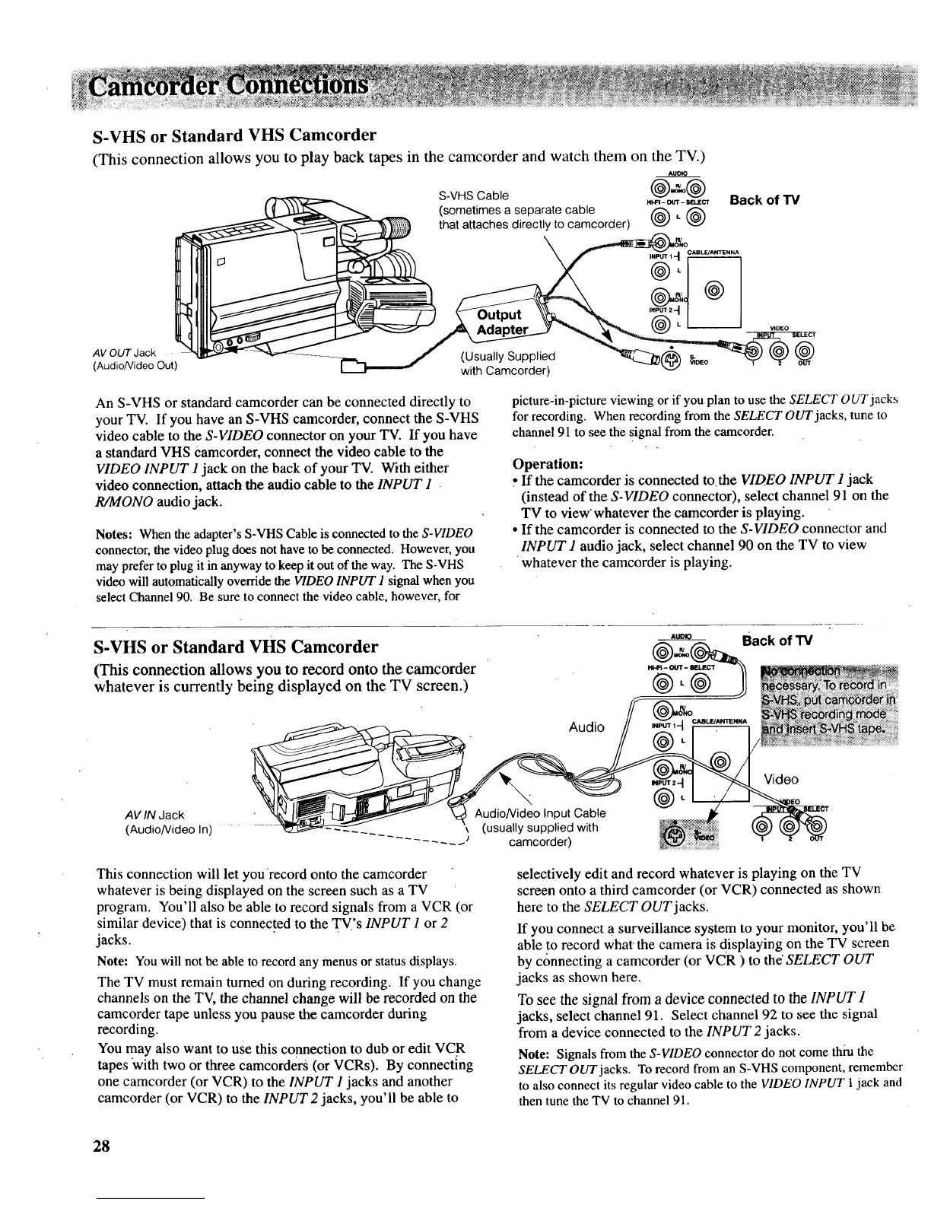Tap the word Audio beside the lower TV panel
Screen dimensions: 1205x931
[x=586, y=726]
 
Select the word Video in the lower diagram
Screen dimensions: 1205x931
[x=781, y=779]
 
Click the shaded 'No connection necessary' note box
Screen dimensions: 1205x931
[x=829, y=700]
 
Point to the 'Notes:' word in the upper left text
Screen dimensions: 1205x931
[x=115, y=530]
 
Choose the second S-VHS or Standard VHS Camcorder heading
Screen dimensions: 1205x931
[x=235, y=647]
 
